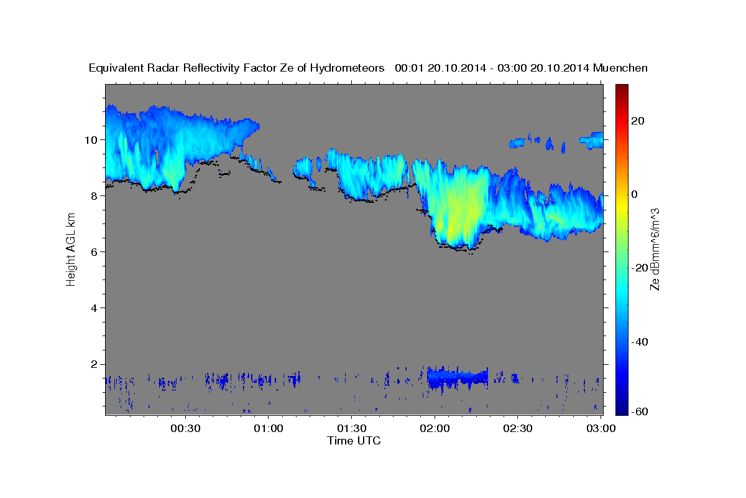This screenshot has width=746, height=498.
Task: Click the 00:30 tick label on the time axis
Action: (185, 428)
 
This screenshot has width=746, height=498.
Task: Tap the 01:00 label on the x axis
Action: (269, 428)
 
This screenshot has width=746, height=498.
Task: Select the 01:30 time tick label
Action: (352, 428)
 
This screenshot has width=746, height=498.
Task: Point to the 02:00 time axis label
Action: (435, 428)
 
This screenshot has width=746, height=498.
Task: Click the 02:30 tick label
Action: (518, 428)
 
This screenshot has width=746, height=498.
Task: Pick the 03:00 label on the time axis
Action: (601, 428)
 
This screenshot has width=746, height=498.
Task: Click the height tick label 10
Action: (91, 139)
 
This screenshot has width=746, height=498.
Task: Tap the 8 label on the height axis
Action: (94, 195)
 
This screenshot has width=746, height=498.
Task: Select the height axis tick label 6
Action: (94, 251)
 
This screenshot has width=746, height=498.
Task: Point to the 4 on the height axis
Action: (94, 308)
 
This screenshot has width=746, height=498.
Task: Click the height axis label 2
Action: (94, 364)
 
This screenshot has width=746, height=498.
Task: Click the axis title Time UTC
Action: (354, 441)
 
